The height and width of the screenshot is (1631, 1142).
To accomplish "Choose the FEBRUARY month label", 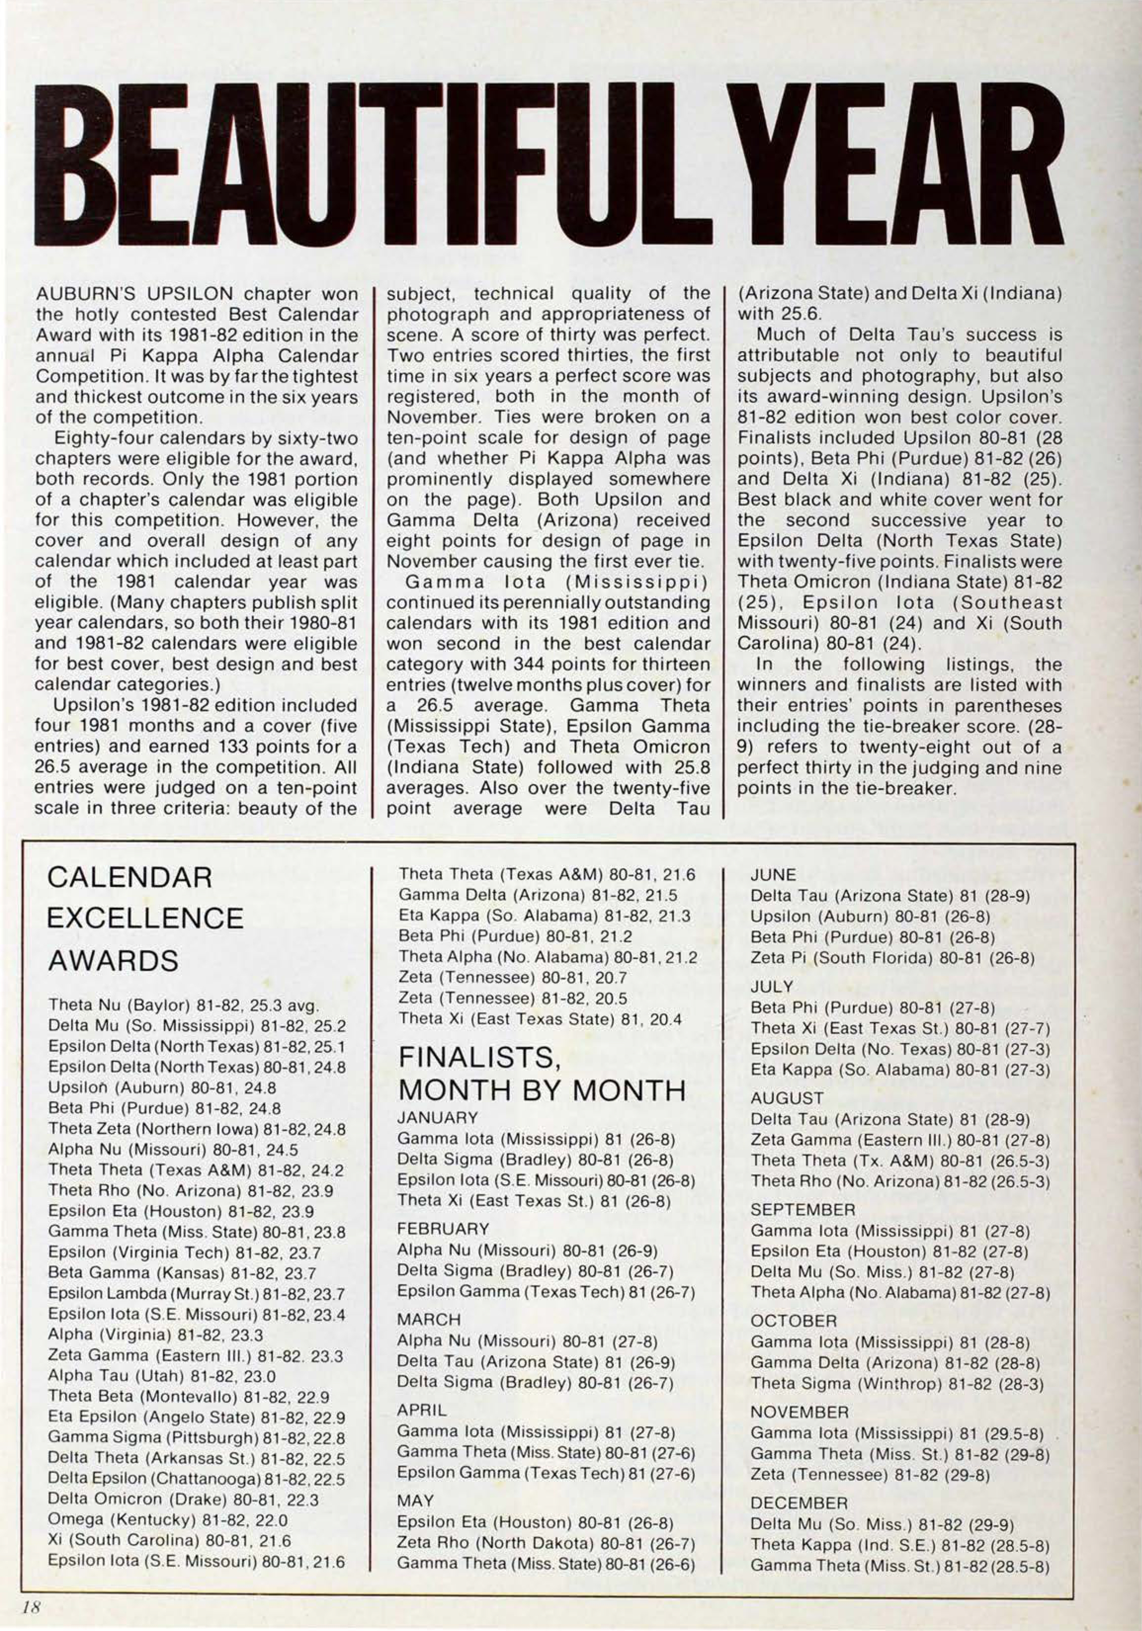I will (x=443, y=1229).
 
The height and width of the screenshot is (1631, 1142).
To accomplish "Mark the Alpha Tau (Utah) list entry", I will (x=162, y=1375).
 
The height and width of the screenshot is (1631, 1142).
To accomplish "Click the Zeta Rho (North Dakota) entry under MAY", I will (x=546, y=1543).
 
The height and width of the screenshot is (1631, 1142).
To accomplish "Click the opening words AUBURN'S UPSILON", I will (x=134, y=294).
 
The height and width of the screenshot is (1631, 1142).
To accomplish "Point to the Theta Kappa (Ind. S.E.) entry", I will (x=899, y=1545).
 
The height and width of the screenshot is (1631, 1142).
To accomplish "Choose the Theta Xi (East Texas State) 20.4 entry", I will (x=540, y=1019).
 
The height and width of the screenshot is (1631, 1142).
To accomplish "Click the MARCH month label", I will (x=429, y=1319).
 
